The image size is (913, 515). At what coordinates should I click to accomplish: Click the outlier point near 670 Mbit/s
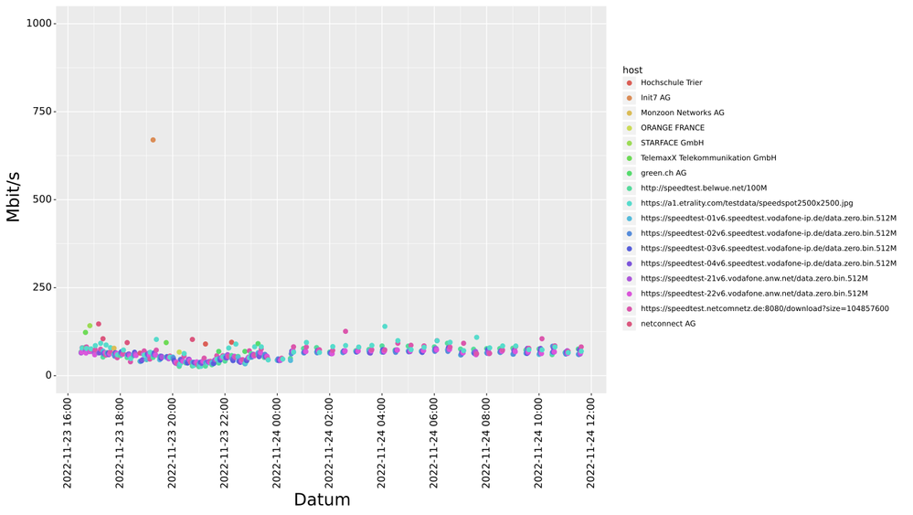pyautogui.click(x=153, y=140)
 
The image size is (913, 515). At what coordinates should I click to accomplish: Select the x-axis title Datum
pyautogui.click(x=322, y=499)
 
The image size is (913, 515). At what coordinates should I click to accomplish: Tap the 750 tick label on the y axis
pyautogui.click(x=42, y=112)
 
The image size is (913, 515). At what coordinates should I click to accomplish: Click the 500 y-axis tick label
pyautogui.click(x=42, y=199)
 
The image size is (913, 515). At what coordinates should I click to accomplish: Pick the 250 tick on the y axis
pyautogui.click(x=42, y=287)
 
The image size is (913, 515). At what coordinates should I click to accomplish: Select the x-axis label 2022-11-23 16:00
pyautogui.click(x=68, y=442)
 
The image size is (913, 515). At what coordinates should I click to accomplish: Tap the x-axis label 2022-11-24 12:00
pyautogui.click(x=591, y=442)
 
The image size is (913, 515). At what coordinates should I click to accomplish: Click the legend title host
pyautogui.click(x=632, y=70)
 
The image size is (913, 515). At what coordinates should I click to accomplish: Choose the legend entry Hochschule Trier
pyautogui.click(x=671, y=83)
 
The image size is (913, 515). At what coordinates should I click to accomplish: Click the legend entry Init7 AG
pyautogui.click(x=655, y=98)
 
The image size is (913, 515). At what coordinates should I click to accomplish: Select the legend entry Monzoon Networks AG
pyautogui.click(x=682, y=113)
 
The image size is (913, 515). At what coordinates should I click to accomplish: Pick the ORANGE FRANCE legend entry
pyautogui.click(x=673, y=128)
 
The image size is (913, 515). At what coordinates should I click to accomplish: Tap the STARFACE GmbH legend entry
pyautogui.click(x=672, y=143)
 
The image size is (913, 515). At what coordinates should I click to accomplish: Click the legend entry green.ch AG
pyautogui.click(x=664, y=173)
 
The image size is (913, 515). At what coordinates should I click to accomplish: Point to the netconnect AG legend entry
pyautogui.click(x=668, y=324)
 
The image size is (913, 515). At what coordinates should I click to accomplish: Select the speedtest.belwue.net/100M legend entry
pyautogui.click(x=704, y=188)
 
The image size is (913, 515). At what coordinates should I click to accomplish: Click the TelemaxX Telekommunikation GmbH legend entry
pyautogui.click(x=708, y=158)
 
